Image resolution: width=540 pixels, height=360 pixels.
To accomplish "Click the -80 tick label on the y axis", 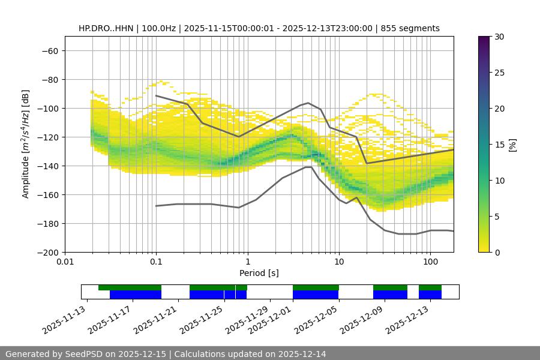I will [x=49, y=79].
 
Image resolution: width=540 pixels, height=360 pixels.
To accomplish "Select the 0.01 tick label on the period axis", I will [x=65, y=262].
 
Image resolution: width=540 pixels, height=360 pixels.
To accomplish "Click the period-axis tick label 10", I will [x=338, y=262].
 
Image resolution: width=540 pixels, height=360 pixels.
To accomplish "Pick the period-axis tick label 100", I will [x=430, y=262].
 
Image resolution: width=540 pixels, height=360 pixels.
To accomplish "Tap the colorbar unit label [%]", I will [x=512, y=145].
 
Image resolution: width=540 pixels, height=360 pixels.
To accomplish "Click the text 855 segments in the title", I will [x=413, y=28].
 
